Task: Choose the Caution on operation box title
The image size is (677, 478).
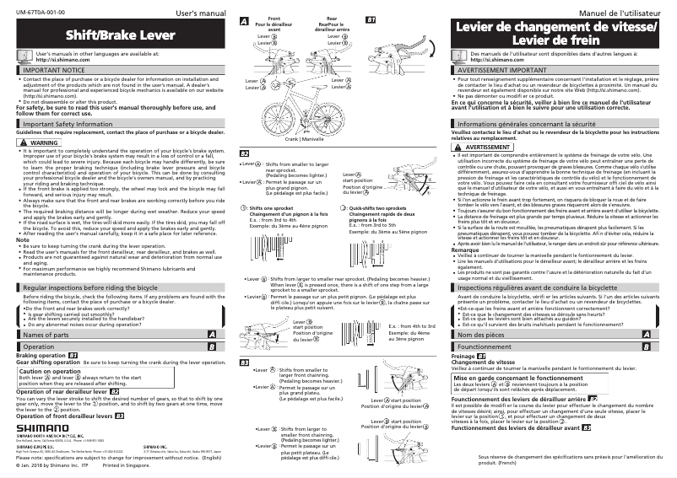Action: point(57,371)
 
